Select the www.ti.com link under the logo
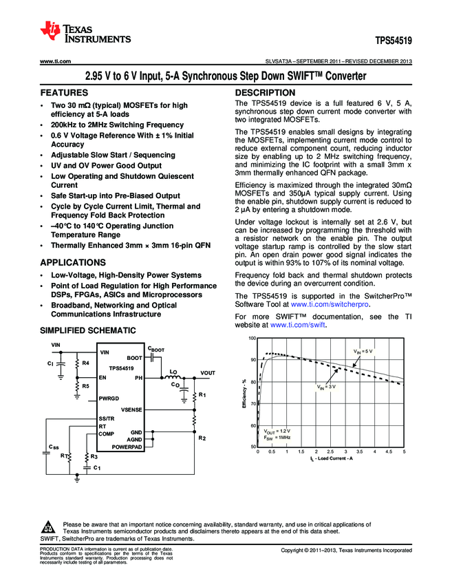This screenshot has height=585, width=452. point(56,62)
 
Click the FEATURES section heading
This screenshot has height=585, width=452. point(64,92)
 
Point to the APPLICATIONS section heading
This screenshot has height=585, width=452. point(73,262)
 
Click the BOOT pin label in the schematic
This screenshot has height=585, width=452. point(134,358)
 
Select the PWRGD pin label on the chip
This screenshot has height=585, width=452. point(109,398)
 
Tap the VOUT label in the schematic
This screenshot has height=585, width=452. point(208,373)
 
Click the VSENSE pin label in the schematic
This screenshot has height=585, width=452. point(131,409)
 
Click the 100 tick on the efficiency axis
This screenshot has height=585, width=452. point(252,339)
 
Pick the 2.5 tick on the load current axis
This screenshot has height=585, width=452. point(331,452)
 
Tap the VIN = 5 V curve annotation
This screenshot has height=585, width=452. point(363,351)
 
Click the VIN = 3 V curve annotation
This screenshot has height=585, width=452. point(326,387)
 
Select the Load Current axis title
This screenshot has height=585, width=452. point(331,458)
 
